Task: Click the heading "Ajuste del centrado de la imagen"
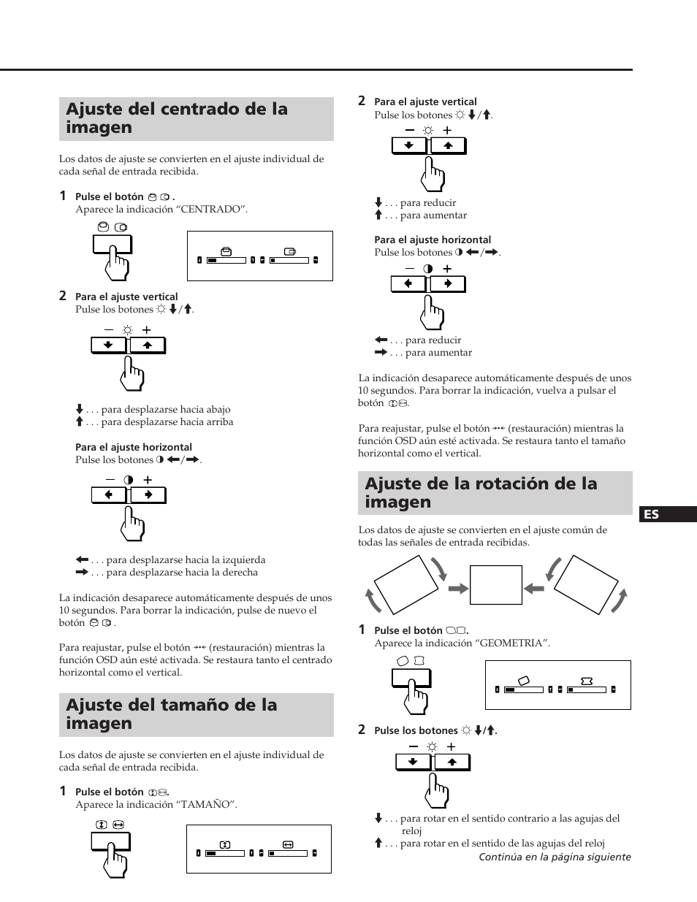pos(177,118)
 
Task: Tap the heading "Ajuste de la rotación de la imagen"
pos(481,493)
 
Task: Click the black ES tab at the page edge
pos(668,514)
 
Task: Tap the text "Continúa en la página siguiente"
pos(555,857)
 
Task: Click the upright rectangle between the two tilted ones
pos(496,584)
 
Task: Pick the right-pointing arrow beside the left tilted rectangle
pos(458,588)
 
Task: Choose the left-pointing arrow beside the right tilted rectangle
pos(534,588)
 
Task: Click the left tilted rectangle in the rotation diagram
pos(405,584)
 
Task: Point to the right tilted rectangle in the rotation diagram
pos(587,584)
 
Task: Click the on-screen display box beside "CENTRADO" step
pos(260,256)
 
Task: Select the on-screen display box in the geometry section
pos(557,685)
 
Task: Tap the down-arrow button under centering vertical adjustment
pos(109,345)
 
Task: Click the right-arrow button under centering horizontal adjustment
pos(148,495)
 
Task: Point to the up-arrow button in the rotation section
pos(452,762)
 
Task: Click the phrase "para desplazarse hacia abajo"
pos(166,410)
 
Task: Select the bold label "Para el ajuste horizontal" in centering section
pos(134,448)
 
